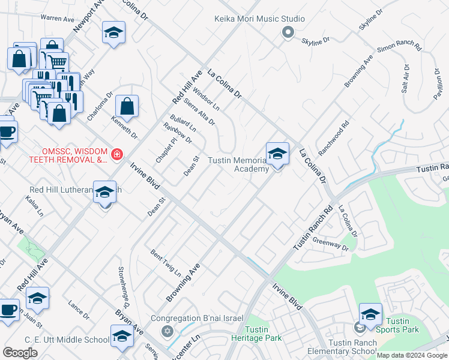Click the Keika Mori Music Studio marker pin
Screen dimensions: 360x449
pos(288,33)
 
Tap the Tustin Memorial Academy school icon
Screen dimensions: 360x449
pos(277,154)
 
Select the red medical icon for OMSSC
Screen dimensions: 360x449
pos(116,155)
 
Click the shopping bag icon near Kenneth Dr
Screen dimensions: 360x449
pos(127,107)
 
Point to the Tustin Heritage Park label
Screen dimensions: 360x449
pos(264,334)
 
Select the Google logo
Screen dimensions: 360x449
pos(20,352)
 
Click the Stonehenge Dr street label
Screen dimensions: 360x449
pos(126,286)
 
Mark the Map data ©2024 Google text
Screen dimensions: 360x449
pos(412,355)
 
